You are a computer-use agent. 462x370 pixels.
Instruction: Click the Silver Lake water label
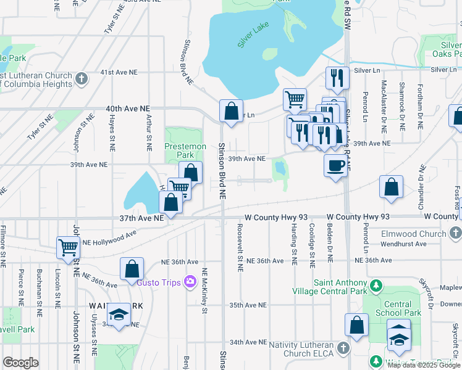coord(253,39)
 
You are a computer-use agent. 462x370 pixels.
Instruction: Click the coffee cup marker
coord(335,166)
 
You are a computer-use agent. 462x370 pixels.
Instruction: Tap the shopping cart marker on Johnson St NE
coord(68,248)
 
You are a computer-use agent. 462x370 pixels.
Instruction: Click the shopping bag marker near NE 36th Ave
coord(132,269)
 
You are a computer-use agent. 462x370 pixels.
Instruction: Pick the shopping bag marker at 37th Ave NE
coord(170,202)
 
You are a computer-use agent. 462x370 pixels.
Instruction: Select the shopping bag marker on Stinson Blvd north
coord(231,112)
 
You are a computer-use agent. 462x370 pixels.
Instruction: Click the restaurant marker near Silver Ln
coord(337,78)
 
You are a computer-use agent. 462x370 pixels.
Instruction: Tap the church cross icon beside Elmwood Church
coord(456,234)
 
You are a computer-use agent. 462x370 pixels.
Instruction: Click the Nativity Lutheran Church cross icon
coord(343,350)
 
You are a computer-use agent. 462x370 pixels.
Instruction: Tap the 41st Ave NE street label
coord(118,72)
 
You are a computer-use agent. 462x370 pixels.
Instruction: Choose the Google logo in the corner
coord(20,363)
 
